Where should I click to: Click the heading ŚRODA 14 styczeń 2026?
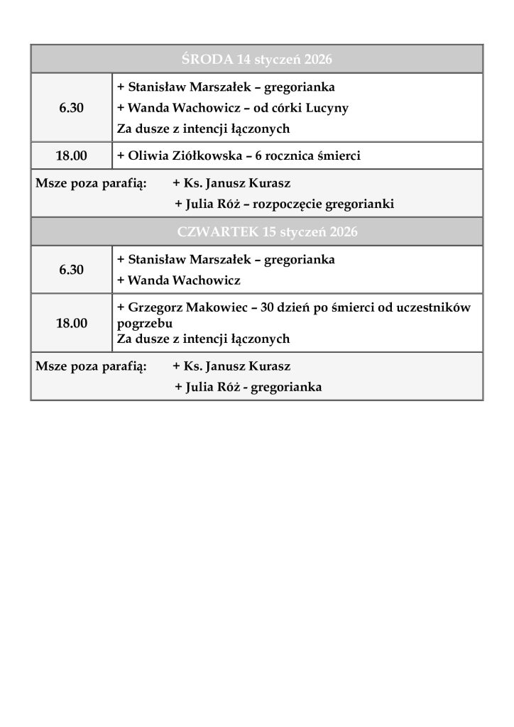tap(256, 58)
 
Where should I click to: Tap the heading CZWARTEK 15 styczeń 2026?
tap(256, 232)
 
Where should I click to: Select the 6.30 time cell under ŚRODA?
tap(71, 108)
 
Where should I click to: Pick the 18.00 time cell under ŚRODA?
tap(71, 155)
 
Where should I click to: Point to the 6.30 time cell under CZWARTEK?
tap(71, 270)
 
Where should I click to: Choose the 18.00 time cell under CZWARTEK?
tap(71, 323)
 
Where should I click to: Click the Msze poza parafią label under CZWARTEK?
tap(91, 367)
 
